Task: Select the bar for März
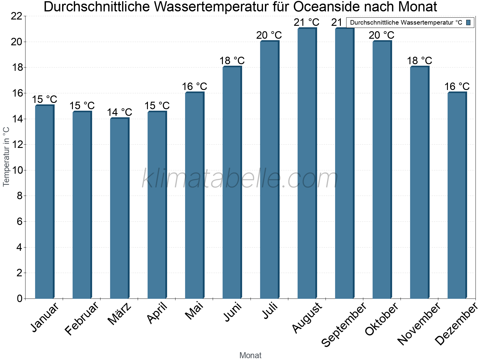tap(119, 208)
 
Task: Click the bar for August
tap(307, 163)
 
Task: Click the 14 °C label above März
tap(119, 112)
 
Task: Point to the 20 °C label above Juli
tap(269, 35)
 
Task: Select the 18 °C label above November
tap(419, 61)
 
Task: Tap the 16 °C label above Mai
tap(194, 86)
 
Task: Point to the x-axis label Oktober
tap(382, 319)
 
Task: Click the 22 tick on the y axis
tap(16, 16)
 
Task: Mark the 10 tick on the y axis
tap(16, 170)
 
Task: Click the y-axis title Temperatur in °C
tap(6, 157)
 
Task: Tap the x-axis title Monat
tap(250, 355)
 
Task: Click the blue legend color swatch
tap(468, 22)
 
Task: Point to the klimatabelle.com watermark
tap(240, 178)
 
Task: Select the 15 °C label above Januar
tap(44, 99)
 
